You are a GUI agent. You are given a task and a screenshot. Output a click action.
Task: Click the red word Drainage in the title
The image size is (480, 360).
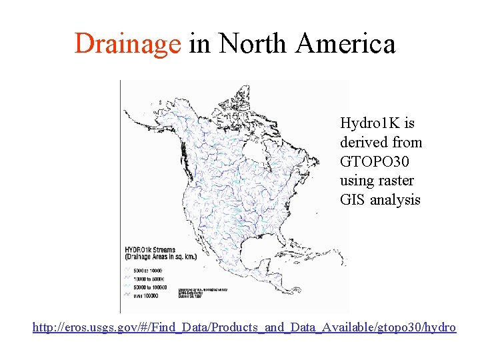pos(127,45)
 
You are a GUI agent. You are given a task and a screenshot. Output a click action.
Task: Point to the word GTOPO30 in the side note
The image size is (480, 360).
pos(375,161)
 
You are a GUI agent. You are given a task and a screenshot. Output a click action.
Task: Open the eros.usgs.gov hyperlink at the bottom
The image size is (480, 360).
pos(245,327)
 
